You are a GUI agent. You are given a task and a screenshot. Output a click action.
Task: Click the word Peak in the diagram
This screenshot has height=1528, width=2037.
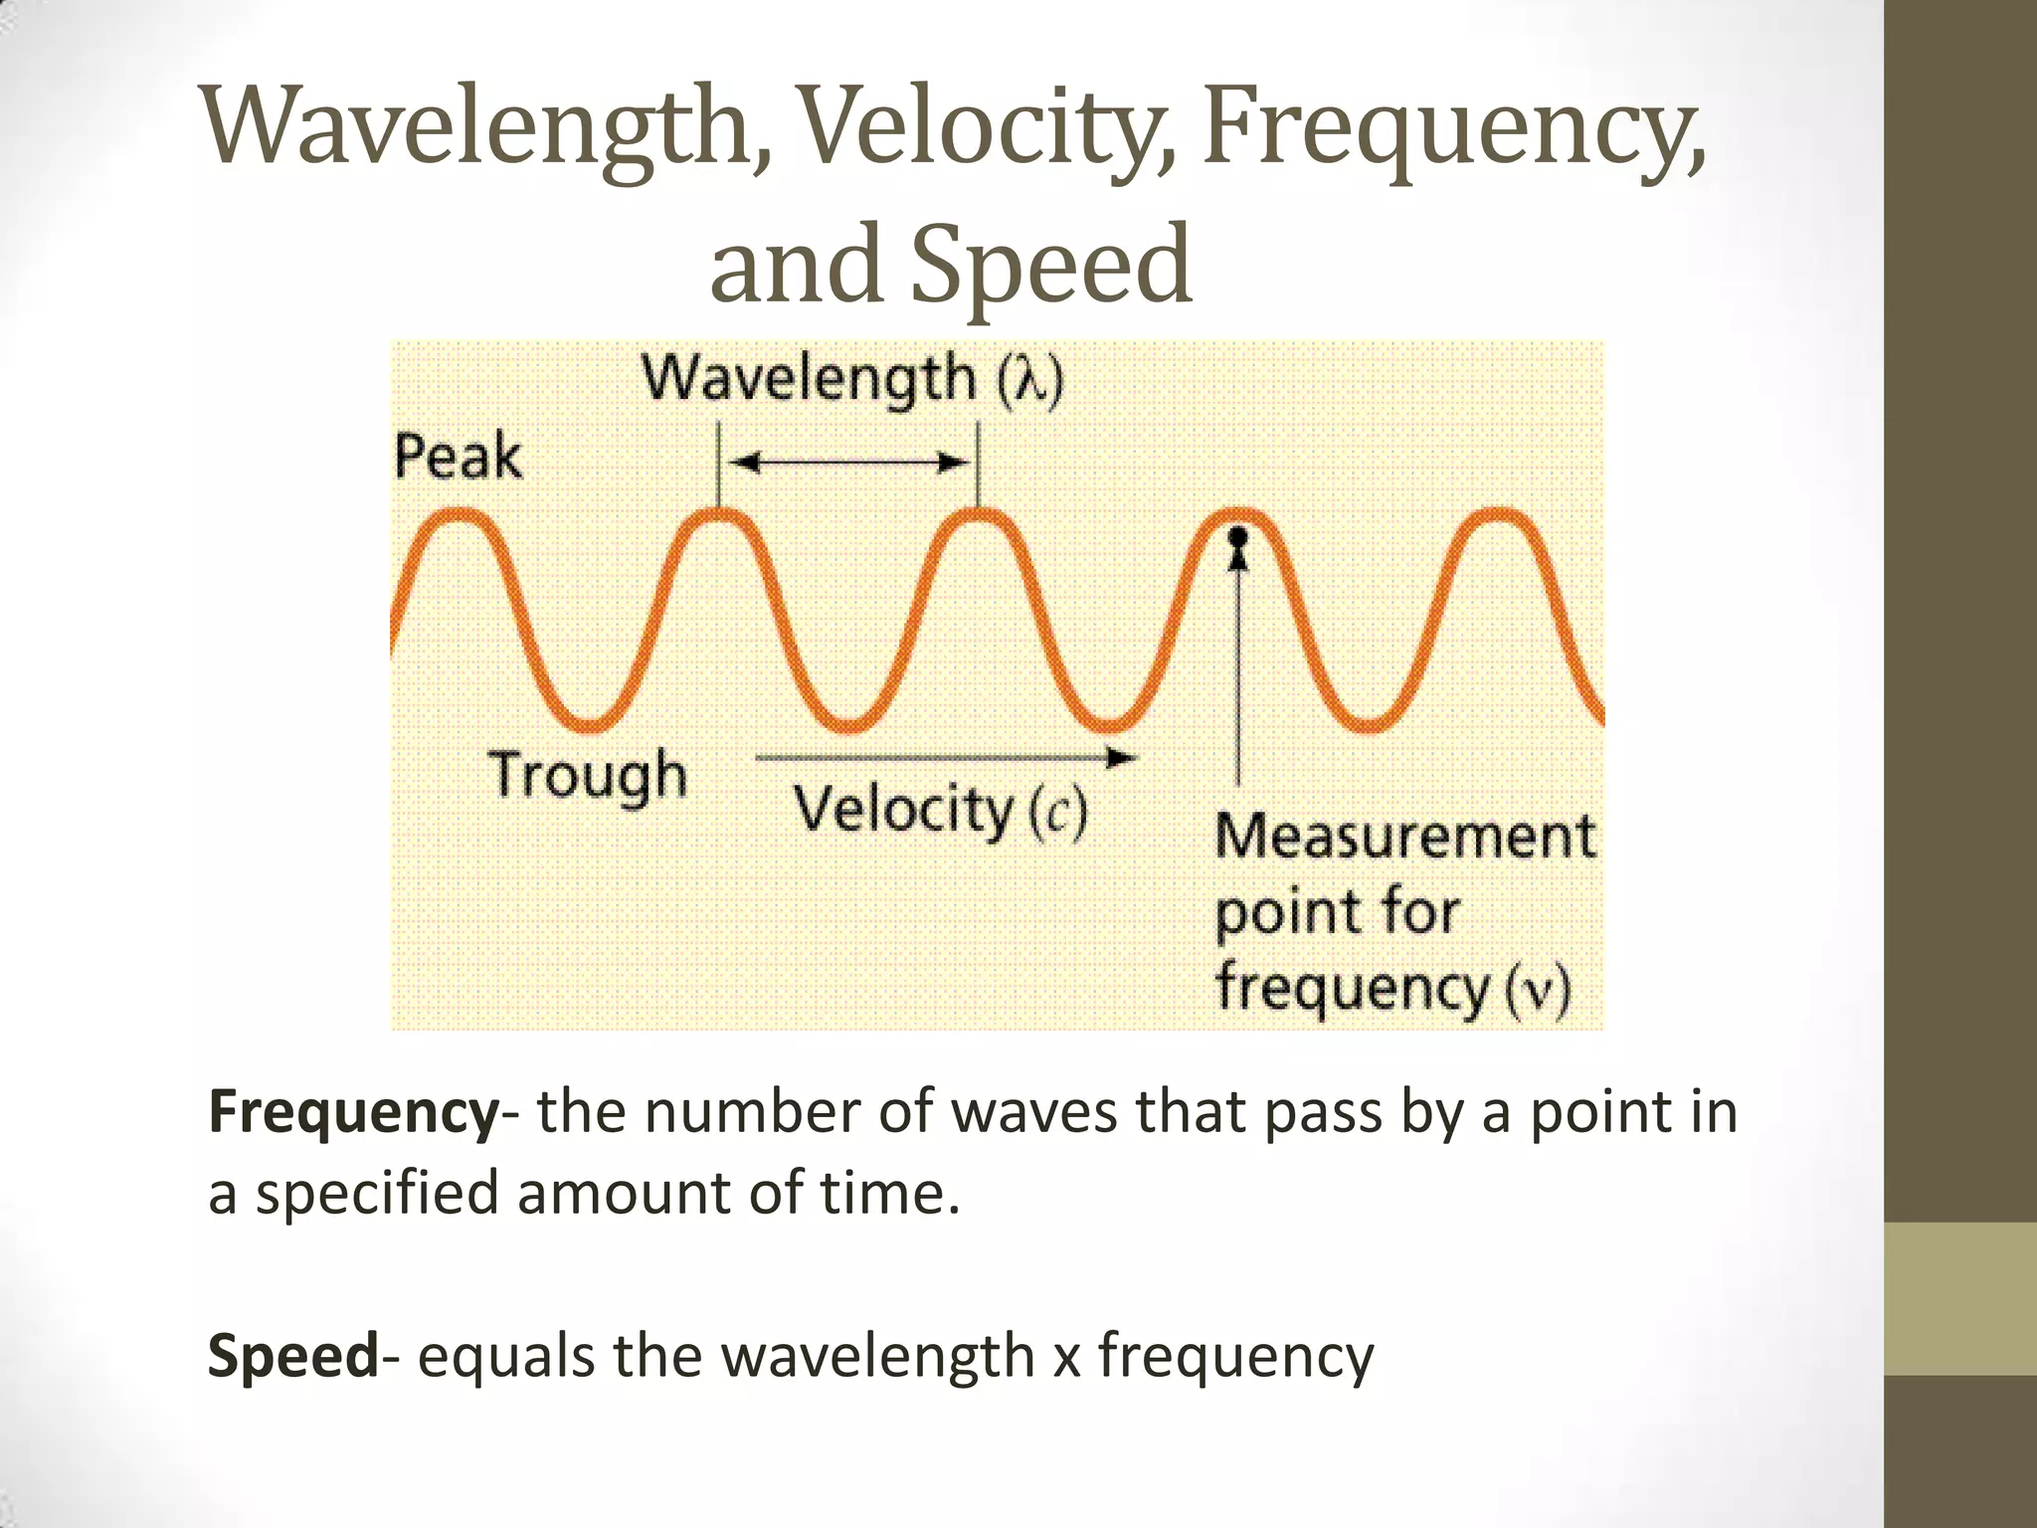click(458, 458)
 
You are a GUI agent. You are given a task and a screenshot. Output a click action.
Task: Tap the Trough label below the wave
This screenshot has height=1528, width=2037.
click(587, 776)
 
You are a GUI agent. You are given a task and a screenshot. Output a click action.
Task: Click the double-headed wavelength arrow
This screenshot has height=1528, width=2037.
click(848, 463)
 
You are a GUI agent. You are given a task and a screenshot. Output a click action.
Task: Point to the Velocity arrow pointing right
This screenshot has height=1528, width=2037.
click(945, 758)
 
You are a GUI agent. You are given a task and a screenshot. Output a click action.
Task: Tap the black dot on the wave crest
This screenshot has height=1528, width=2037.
click(1238, 537)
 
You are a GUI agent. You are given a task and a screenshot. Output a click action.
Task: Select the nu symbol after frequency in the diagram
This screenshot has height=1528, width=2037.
click(1537, 990)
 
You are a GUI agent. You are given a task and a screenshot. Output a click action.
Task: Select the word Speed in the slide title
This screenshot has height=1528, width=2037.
click(1051, 265)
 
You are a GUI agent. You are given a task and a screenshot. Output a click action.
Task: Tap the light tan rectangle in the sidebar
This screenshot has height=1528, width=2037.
click(1960, 1298)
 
